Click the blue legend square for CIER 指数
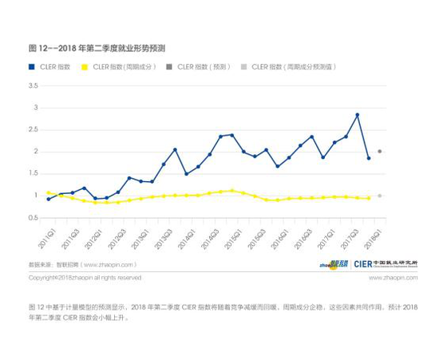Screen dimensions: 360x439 (x=32, y=67)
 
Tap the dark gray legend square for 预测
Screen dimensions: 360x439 (x=169, y=67)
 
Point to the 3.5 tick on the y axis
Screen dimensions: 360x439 (x=34, y=85)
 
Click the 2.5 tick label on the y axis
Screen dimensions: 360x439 (x=34, y=129)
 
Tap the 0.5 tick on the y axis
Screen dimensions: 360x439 (x=34, y=218)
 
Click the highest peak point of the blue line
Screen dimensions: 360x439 (x=357, y=115)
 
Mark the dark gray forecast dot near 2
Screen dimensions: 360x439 (x=380, y=151)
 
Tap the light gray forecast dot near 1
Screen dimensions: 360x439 (x=380, y=196)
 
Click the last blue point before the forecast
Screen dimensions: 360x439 (x=369, y=158)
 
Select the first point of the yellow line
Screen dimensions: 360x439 (x=49, y=192)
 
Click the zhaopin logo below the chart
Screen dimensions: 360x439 (x=334, y=264)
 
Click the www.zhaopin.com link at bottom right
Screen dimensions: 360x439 (x=392, y=278)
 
